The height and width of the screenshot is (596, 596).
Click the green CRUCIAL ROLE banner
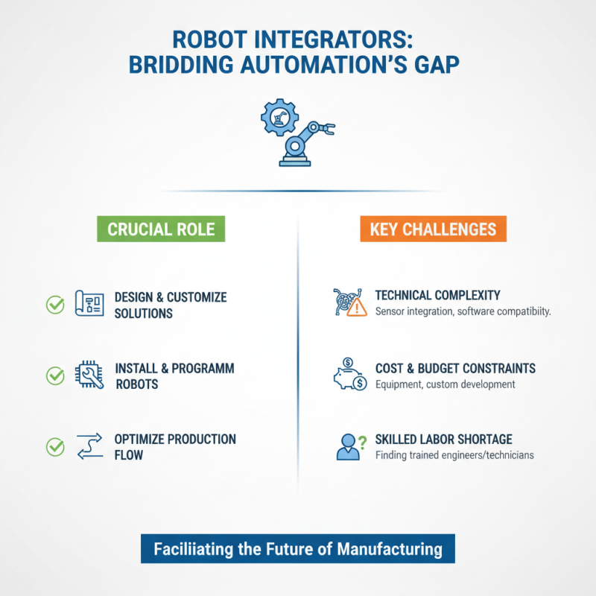(161, 229)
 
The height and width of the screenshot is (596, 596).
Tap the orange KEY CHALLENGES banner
(433, 229)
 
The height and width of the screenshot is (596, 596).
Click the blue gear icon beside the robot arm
(279, 118)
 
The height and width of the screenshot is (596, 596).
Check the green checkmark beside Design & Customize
(55, 304)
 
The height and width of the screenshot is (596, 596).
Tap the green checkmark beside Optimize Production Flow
(55, 447)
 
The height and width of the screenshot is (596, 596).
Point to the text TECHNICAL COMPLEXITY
(437, 295)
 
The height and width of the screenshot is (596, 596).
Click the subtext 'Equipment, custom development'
(445, 384)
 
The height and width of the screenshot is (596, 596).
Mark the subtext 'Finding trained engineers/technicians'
(454, 455)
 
